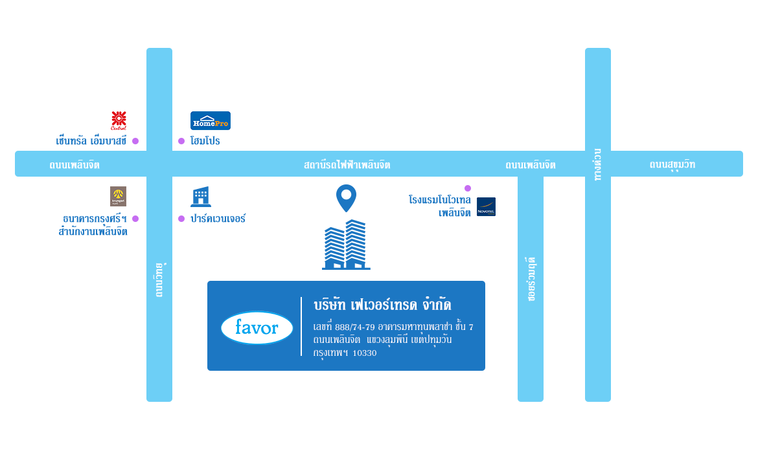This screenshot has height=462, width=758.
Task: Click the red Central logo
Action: pos(119,120)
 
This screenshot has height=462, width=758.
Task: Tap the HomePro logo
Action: pos(211,120)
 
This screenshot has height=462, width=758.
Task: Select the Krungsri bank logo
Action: pos(118,196)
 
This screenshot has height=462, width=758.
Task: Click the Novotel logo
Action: pos(486,206)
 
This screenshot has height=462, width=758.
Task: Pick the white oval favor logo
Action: pos(257,328)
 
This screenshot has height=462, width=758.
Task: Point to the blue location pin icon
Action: pos(347,197)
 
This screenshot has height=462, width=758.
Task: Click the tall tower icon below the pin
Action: pos(346,245)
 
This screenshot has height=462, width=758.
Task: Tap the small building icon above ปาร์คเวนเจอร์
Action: pos(201,197)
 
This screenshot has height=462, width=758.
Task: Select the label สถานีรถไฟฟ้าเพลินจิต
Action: pos(347,164)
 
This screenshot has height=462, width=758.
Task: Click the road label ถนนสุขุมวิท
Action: pos(672,164)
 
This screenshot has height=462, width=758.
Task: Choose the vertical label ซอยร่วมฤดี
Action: pos(531,279)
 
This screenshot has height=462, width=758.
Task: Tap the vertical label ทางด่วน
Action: pos(598,164)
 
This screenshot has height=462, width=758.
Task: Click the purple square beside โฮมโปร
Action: pos(181,141)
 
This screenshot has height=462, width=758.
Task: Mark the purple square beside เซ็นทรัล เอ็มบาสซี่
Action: pos(135,141)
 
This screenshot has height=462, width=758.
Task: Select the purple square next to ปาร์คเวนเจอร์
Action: pos(181,219)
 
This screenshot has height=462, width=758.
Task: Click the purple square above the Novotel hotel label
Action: pos(468,188)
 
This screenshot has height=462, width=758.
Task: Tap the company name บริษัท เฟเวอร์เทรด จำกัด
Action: pos(382,305)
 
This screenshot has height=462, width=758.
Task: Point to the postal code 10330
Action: pos(364,353)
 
